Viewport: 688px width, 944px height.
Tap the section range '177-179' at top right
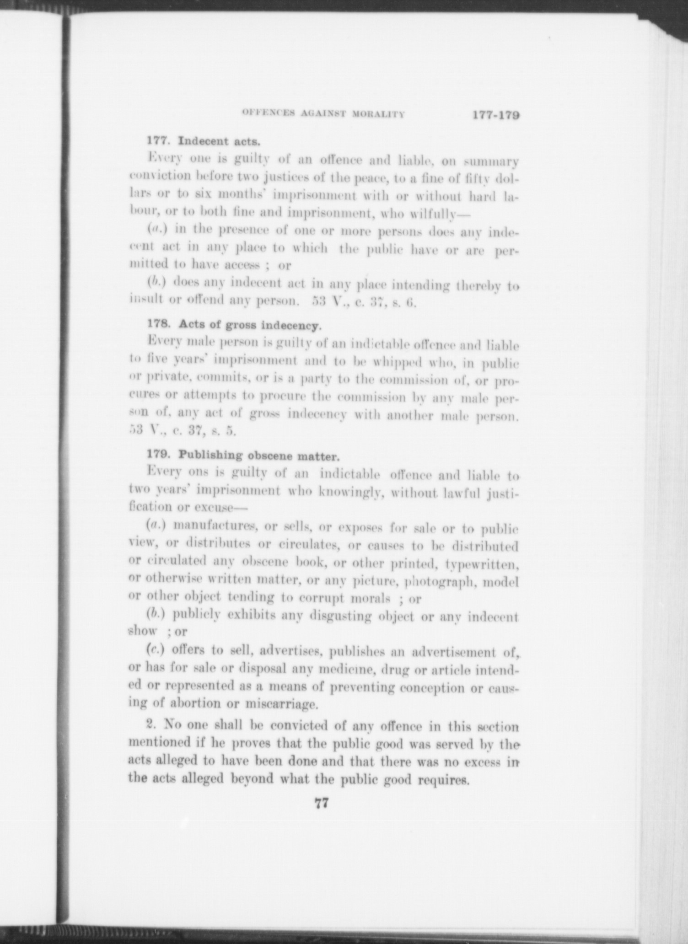click(496, 115)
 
